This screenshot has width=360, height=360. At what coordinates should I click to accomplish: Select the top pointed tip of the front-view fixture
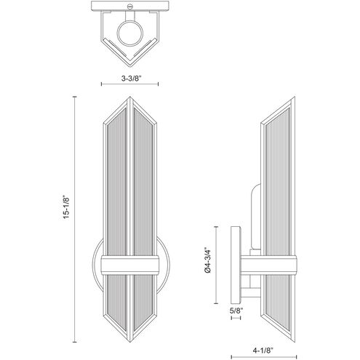(x=128, y=97)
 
